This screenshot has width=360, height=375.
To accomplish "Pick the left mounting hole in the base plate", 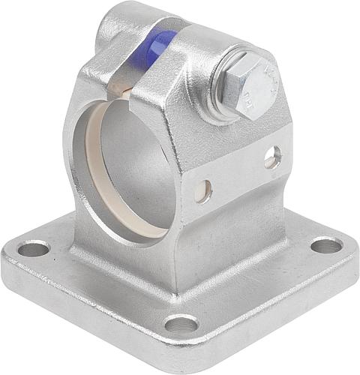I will [34, 248].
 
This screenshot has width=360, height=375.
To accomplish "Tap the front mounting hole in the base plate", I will [181, 324].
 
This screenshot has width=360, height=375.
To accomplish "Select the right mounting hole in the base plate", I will [325, 245].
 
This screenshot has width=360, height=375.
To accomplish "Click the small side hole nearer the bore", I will [202, 190].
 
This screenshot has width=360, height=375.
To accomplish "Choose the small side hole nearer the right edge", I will [272, 157].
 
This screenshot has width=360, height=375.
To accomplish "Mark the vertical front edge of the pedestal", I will [176, 247].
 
